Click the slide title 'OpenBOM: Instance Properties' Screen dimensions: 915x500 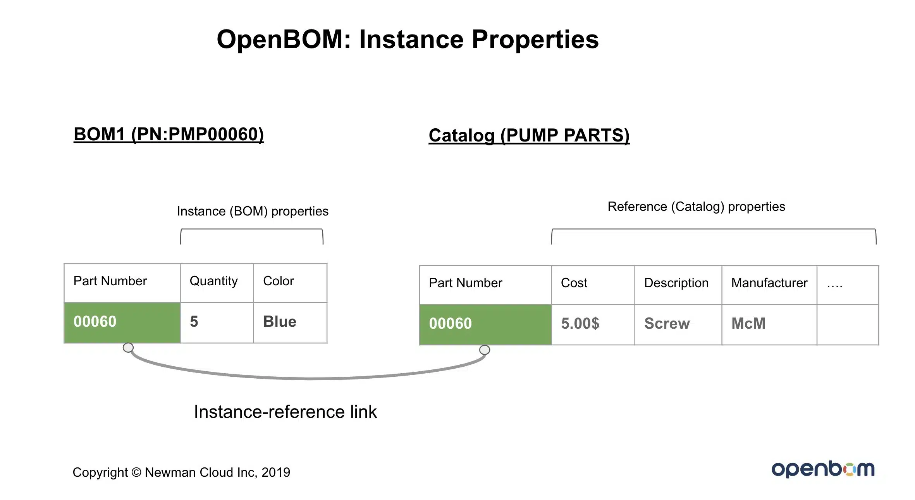(x=408, y=40)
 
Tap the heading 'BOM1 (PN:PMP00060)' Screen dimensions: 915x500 (x=169, y=134)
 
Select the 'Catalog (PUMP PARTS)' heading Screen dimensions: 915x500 (x=529, y=136)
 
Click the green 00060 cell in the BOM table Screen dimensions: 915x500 (x=122, y=322)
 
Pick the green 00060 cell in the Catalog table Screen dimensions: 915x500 (x=485, y=324)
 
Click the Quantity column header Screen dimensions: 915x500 (x=217, y=283)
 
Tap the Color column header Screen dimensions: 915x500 (x=290, y=283)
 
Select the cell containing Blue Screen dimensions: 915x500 (x=290, y=322)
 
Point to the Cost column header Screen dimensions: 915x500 (x=593, y=285)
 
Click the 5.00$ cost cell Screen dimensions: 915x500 (x=593, y=324)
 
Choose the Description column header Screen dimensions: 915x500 (x=678, y=285)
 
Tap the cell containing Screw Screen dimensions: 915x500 (x=678, y=324)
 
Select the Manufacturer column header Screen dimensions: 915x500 (x=769, y=285)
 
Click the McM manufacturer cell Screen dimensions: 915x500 (x=769, y=324)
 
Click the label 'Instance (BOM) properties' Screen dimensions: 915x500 (x=253, y=212)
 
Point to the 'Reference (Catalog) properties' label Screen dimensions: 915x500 (x=696, y=207)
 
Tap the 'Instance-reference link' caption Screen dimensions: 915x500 (x=285, y=412)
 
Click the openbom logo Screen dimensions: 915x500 (x=823, y=469)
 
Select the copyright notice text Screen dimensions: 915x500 (x=181, y=472)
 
